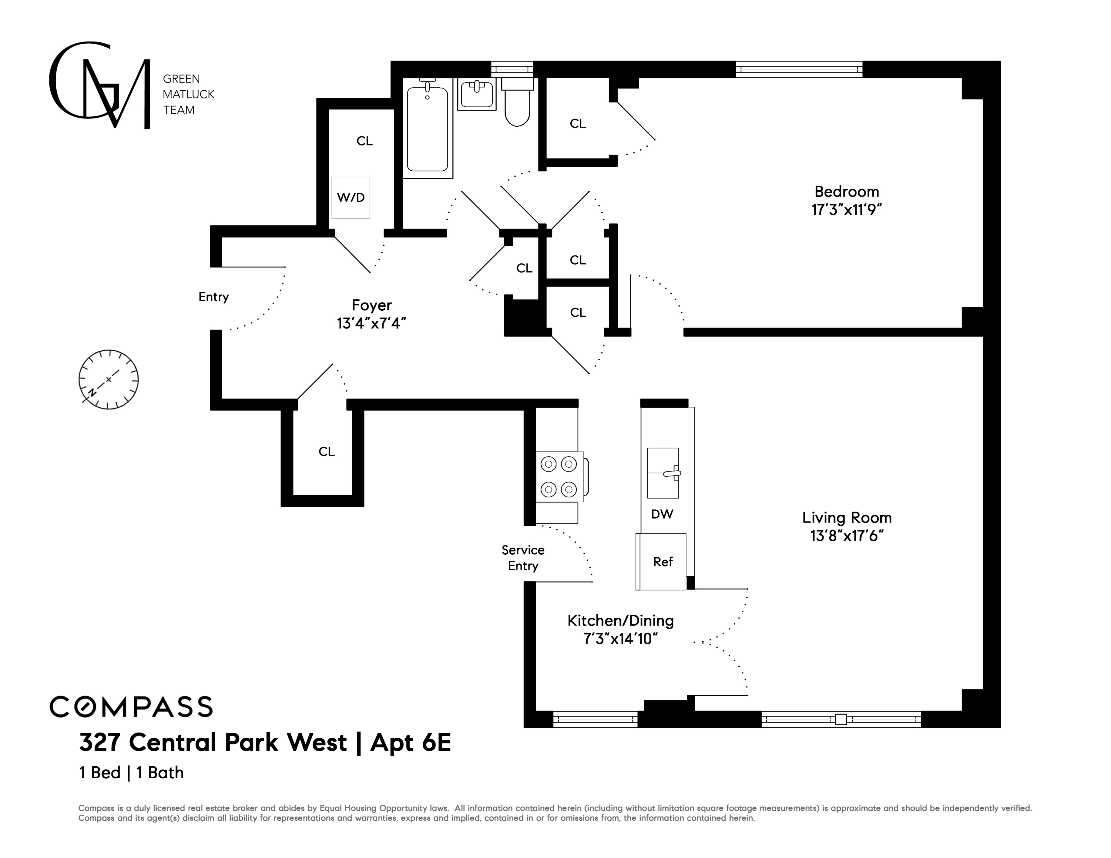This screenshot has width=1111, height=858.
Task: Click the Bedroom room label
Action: pyautogui.click(x=847, y=192)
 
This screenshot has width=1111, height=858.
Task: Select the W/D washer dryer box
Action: pyautogui.click(x=351, y=197)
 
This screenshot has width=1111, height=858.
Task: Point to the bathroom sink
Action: pyautogui.click(x=477, y=94)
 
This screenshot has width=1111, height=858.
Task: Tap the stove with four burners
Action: pyautogui.click(x=559, y=476)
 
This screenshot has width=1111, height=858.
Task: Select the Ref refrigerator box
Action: pyautogui.click(x=662, y=562)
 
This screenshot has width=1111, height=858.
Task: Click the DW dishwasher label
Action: pyautogui.click(x=662, y=514)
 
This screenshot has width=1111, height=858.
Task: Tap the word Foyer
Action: pyautogui.click(x=371, y=305)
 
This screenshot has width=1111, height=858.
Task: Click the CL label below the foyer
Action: pyautogui.click(x=327, y=452)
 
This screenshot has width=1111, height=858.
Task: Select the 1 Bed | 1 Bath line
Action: pyautogui.click(x=131, y=773)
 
